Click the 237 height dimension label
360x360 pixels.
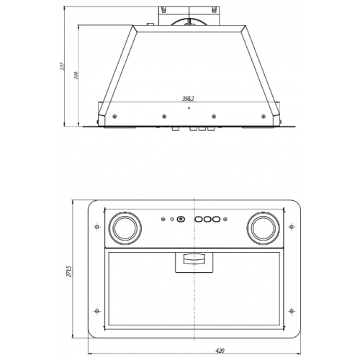click(x=62, y=66)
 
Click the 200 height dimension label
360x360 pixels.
click(x=76, y=75)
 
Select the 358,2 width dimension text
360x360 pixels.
click(x=188, y=99)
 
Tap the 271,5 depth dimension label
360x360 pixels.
click(x=68, y=271)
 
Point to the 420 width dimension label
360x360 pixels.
click(x=220, y=351)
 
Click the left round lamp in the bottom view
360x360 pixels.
click(x=125, y=228)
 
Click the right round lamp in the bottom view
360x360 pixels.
click(x=264, y=228)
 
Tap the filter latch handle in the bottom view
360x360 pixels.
click(x=194, y=259)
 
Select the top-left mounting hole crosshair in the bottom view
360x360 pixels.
click(x=96, y=227)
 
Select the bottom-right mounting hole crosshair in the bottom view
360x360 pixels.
click(x=292, y=311)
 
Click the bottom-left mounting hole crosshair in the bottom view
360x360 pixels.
click(x=96, y=311)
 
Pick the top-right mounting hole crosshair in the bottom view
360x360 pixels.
click(x=292, y=227)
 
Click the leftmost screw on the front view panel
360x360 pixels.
click(x=114, y=117)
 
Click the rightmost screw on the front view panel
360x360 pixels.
click(x=264, y=117)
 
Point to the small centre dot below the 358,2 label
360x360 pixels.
click(x=189, y=108)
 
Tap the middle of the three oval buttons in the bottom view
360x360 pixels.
click(x=207, y=219)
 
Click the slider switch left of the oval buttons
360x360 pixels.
click(x=181, y=219)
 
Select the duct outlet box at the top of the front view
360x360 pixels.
click(x=189, y=16)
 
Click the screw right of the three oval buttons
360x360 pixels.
click(x=225, y=219)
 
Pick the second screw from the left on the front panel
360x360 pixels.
click(x=164, y=117)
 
